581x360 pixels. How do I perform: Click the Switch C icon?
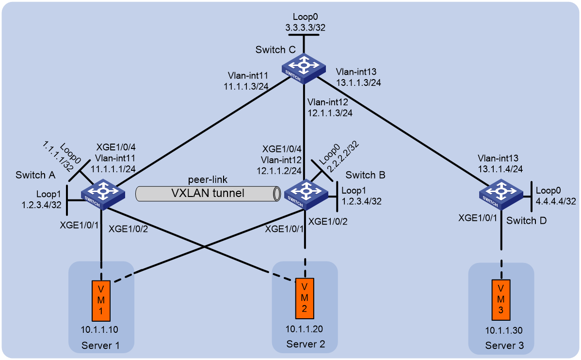[304, 68]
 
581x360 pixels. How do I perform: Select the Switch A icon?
[103, 194]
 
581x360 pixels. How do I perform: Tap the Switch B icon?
[306, 194]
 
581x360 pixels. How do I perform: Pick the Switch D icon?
[501, 194]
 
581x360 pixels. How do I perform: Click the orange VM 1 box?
[101, 301]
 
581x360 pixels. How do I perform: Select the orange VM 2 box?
[305, 298]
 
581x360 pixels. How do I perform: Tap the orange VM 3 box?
[501, 300]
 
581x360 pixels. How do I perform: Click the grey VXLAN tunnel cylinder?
[208, 194]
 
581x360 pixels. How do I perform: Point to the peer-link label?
[208, 180]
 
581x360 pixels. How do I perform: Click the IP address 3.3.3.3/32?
[306, 28]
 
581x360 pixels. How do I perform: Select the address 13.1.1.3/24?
[358, 82]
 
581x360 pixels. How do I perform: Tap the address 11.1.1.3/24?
[246, 86]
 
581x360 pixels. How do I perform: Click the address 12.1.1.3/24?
[330, 113]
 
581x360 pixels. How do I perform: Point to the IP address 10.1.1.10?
[100, 329]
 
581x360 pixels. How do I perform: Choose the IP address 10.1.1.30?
[504, 331]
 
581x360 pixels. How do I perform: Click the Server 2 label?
[306, 344]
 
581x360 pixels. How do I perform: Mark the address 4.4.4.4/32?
[556, 201]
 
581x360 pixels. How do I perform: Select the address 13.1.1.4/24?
[500, 169]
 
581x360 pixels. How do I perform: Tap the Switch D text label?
[527, 221]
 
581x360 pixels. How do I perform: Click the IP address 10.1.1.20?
[304, 329]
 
